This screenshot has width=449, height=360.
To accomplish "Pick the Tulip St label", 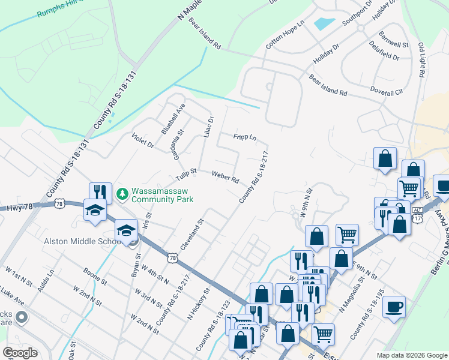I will (x=186, y=175).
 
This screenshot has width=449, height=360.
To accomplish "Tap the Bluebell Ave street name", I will (x=173, y=118).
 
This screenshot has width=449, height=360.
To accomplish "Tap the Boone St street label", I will (x=95, y=276).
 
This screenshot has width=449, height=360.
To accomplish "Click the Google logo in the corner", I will (x=20, y=353).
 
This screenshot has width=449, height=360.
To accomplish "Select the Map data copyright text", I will (x=412, y=355).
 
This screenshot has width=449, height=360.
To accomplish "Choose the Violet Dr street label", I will (x=143, y=140).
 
